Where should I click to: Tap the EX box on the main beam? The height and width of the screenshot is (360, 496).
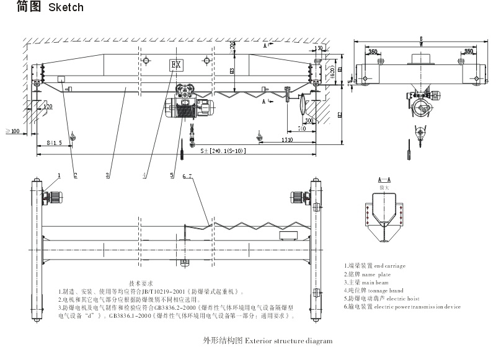tap(175, 64)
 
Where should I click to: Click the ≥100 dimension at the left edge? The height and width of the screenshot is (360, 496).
tap(11, 131)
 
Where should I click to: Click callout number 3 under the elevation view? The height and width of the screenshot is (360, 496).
tap(107, 175)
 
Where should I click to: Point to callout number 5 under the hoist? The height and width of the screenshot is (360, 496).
tap(172, 175)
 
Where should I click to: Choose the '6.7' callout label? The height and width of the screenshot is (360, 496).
tap(188, 177)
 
